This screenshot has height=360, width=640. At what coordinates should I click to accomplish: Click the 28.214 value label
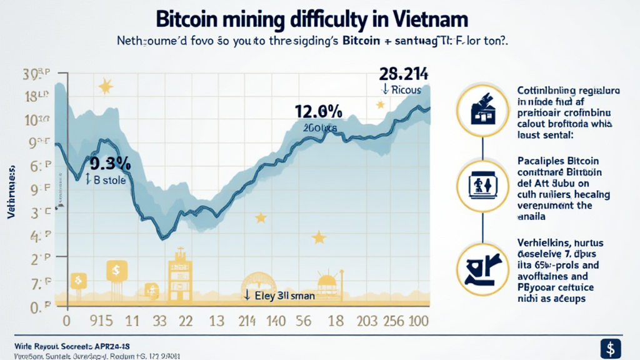tap(401, 74)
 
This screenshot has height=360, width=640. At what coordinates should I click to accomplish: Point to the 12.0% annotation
tap(318, 112)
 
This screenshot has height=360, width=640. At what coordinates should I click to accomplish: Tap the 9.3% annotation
tap(110, 164)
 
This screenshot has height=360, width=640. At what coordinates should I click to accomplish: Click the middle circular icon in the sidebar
tap(482, 185)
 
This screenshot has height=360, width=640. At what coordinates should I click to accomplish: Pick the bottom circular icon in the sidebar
tap(482, 265)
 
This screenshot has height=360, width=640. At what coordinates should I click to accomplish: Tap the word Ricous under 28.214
tap(406, 90)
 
